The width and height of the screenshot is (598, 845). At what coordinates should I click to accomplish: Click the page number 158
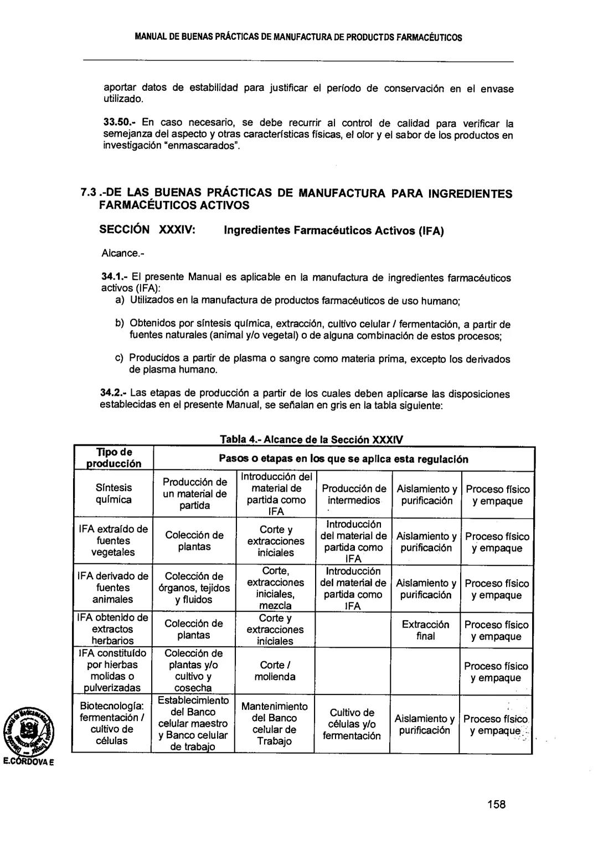click(497, 805)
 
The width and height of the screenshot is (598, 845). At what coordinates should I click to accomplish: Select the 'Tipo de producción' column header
click(113, 458)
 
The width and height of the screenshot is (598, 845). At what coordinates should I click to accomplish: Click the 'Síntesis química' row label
click(113, 493)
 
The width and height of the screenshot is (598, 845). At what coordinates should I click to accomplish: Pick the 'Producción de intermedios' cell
click(354, 494)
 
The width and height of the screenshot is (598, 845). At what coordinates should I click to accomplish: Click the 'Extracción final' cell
click(425, 630)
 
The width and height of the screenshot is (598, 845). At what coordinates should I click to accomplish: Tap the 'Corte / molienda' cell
click(275, 671)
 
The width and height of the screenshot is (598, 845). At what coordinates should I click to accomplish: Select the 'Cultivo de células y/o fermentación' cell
click(352, 724)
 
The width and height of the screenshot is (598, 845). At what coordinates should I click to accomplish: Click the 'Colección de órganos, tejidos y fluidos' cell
click(194, 588)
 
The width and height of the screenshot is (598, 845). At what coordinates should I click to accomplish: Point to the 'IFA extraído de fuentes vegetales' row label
click(113, 540)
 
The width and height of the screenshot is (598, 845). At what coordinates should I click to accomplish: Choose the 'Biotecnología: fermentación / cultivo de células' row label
click(113, 723)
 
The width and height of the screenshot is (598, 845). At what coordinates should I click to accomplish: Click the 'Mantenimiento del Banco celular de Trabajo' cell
click(275, 723)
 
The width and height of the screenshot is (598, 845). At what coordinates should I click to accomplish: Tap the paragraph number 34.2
click(114, 394)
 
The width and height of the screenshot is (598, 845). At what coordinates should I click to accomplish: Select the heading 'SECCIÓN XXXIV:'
click(146, 230)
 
